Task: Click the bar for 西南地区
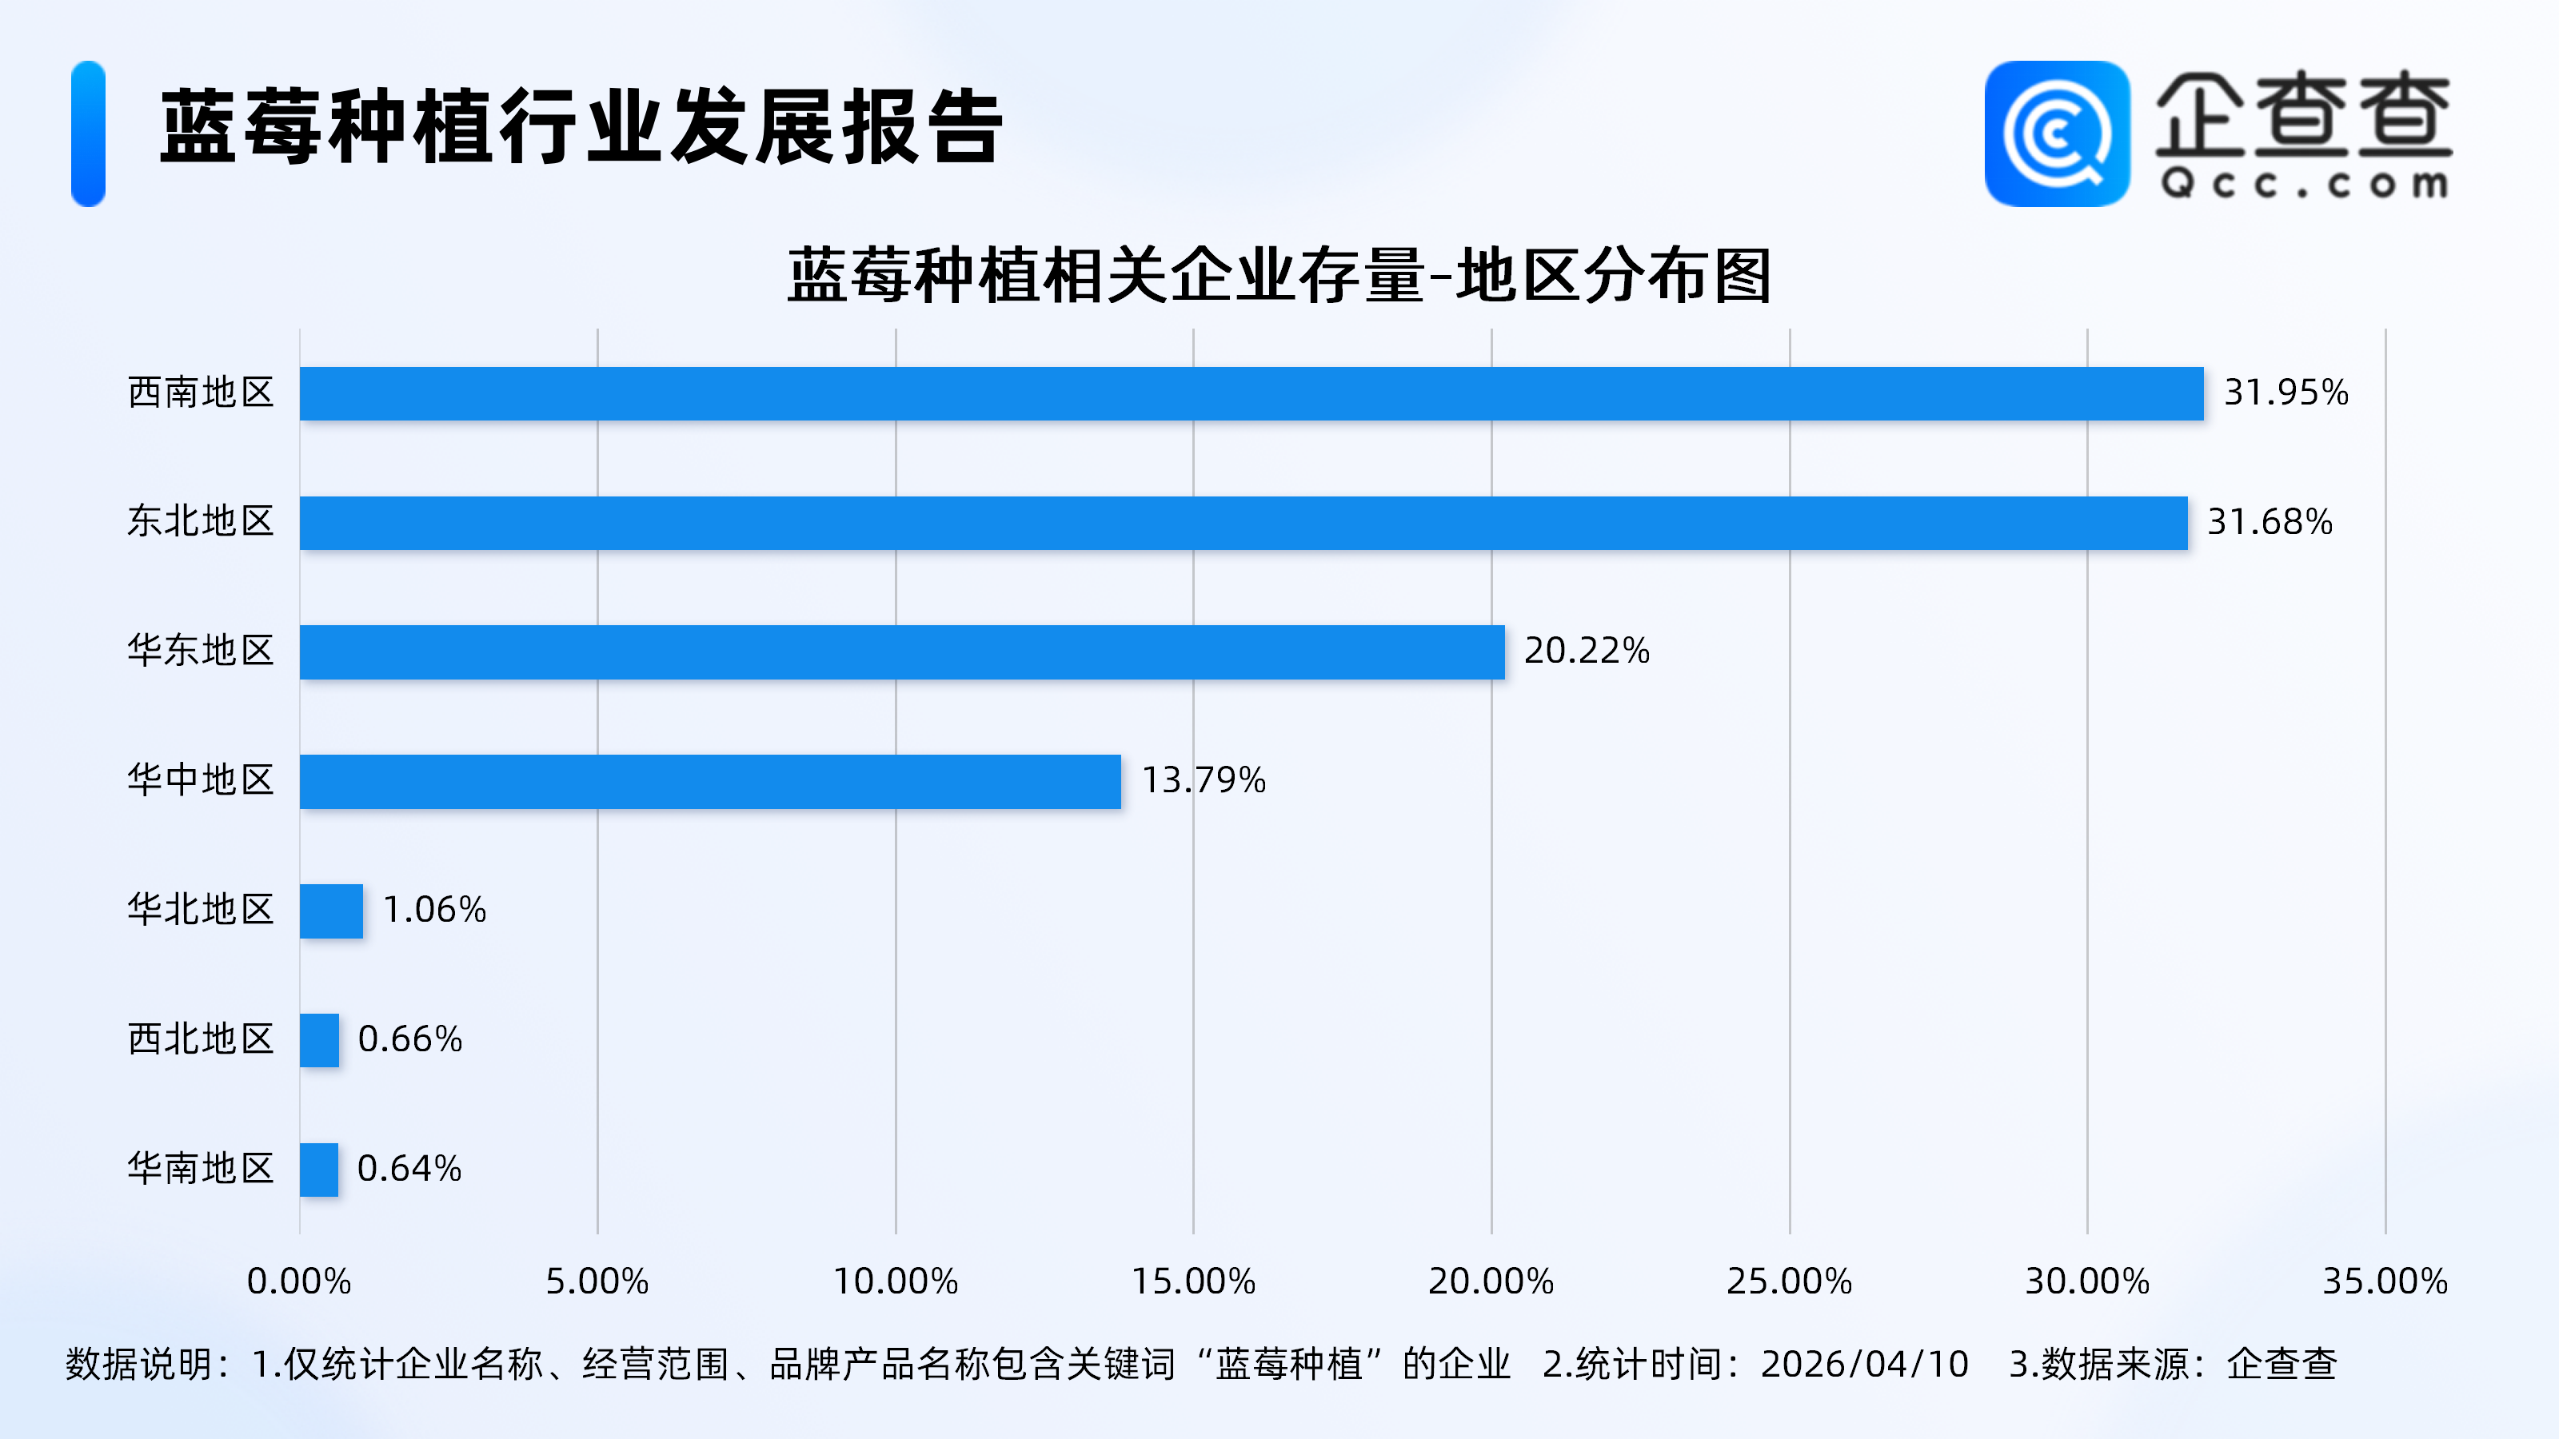[1251, 393]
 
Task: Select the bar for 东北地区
[1243, 522]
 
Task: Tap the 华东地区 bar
[902, 652]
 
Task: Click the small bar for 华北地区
[332, 911]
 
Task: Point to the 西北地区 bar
[320, 1040]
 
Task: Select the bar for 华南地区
[319, 1169]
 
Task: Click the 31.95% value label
[2285, 393]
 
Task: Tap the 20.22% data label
[1586, 651]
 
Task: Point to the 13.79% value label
[1203, 780]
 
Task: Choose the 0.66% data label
[409, 1038]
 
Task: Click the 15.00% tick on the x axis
[1193, 1281]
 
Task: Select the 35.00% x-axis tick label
[2384, 1281]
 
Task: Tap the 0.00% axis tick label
[299, 1281]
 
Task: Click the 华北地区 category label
[201, 910]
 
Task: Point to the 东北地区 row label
[201, 521]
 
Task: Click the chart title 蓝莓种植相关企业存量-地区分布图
[1279, 275]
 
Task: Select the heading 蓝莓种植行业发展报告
[581, 127]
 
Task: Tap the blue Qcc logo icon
[2056, 134]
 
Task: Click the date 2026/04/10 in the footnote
[1863, 1365]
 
